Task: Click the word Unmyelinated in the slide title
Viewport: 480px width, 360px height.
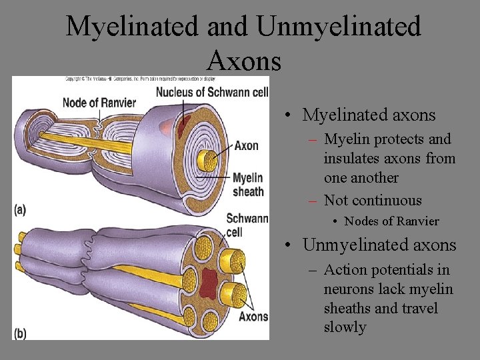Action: coord(338,27)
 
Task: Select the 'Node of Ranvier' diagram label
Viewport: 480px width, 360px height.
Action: coord(99,103)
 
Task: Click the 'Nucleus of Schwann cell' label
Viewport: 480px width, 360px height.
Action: coord(212,92)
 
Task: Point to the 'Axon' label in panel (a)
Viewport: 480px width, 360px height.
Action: coord(247,145)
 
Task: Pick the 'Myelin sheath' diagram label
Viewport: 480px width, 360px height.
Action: coord(248,185)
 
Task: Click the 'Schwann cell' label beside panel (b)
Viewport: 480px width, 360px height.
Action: coord(247,225)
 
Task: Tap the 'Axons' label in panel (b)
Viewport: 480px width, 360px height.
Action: coord(253,317)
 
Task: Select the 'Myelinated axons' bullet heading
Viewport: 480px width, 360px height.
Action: coord(369,115)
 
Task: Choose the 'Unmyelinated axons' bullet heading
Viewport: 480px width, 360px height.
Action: coord(379,245)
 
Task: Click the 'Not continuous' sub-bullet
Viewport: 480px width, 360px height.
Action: coord(373,201)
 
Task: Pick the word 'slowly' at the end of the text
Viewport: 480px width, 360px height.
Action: coord(345,327)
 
